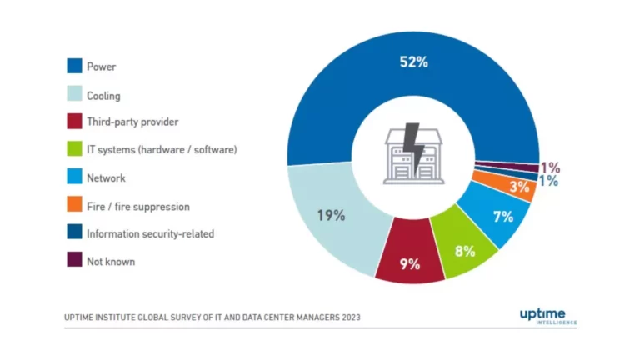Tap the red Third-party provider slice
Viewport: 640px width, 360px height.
tap(409, 262)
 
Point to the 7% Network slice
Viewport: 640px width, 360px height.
tap(502, 217)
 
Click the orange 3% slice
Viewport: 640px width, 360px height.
tap(520, 187)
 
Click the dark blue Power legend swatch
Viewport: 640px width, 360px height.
tap(74, 66)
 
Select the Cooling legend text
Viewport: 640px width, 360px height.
tap(103, 96)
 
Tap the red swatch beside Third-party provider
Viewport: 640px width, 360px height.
tap(74, 122)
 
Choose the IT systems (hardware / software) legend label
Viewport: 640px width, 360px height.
tap(162, 150)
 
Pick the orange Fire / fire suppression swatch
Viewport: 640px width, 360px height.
tap(74, 205)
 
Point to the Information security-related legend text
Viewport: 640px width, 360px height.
tap(150, 233)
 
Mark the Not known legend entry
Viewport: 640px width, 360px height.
tap(110, 261)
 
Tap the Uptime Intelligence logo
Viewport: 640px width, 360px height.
tap(547, 314)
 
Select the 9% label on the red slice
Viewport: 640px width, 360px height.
tap(409, 264)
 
